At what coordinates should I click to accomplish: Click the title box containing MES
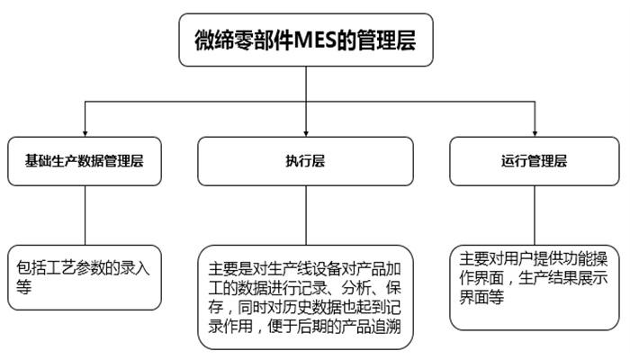coord(306,40)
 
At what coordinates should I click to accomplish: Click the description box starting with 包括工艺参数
coord(86,277)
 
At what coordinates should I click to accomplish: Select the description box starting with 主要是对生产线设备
coord(305,296)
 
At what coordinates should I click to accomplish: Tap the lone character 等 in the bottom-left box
coord(24,287)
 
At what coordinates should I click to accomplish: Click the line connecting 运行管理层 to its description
coord(533,213)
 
